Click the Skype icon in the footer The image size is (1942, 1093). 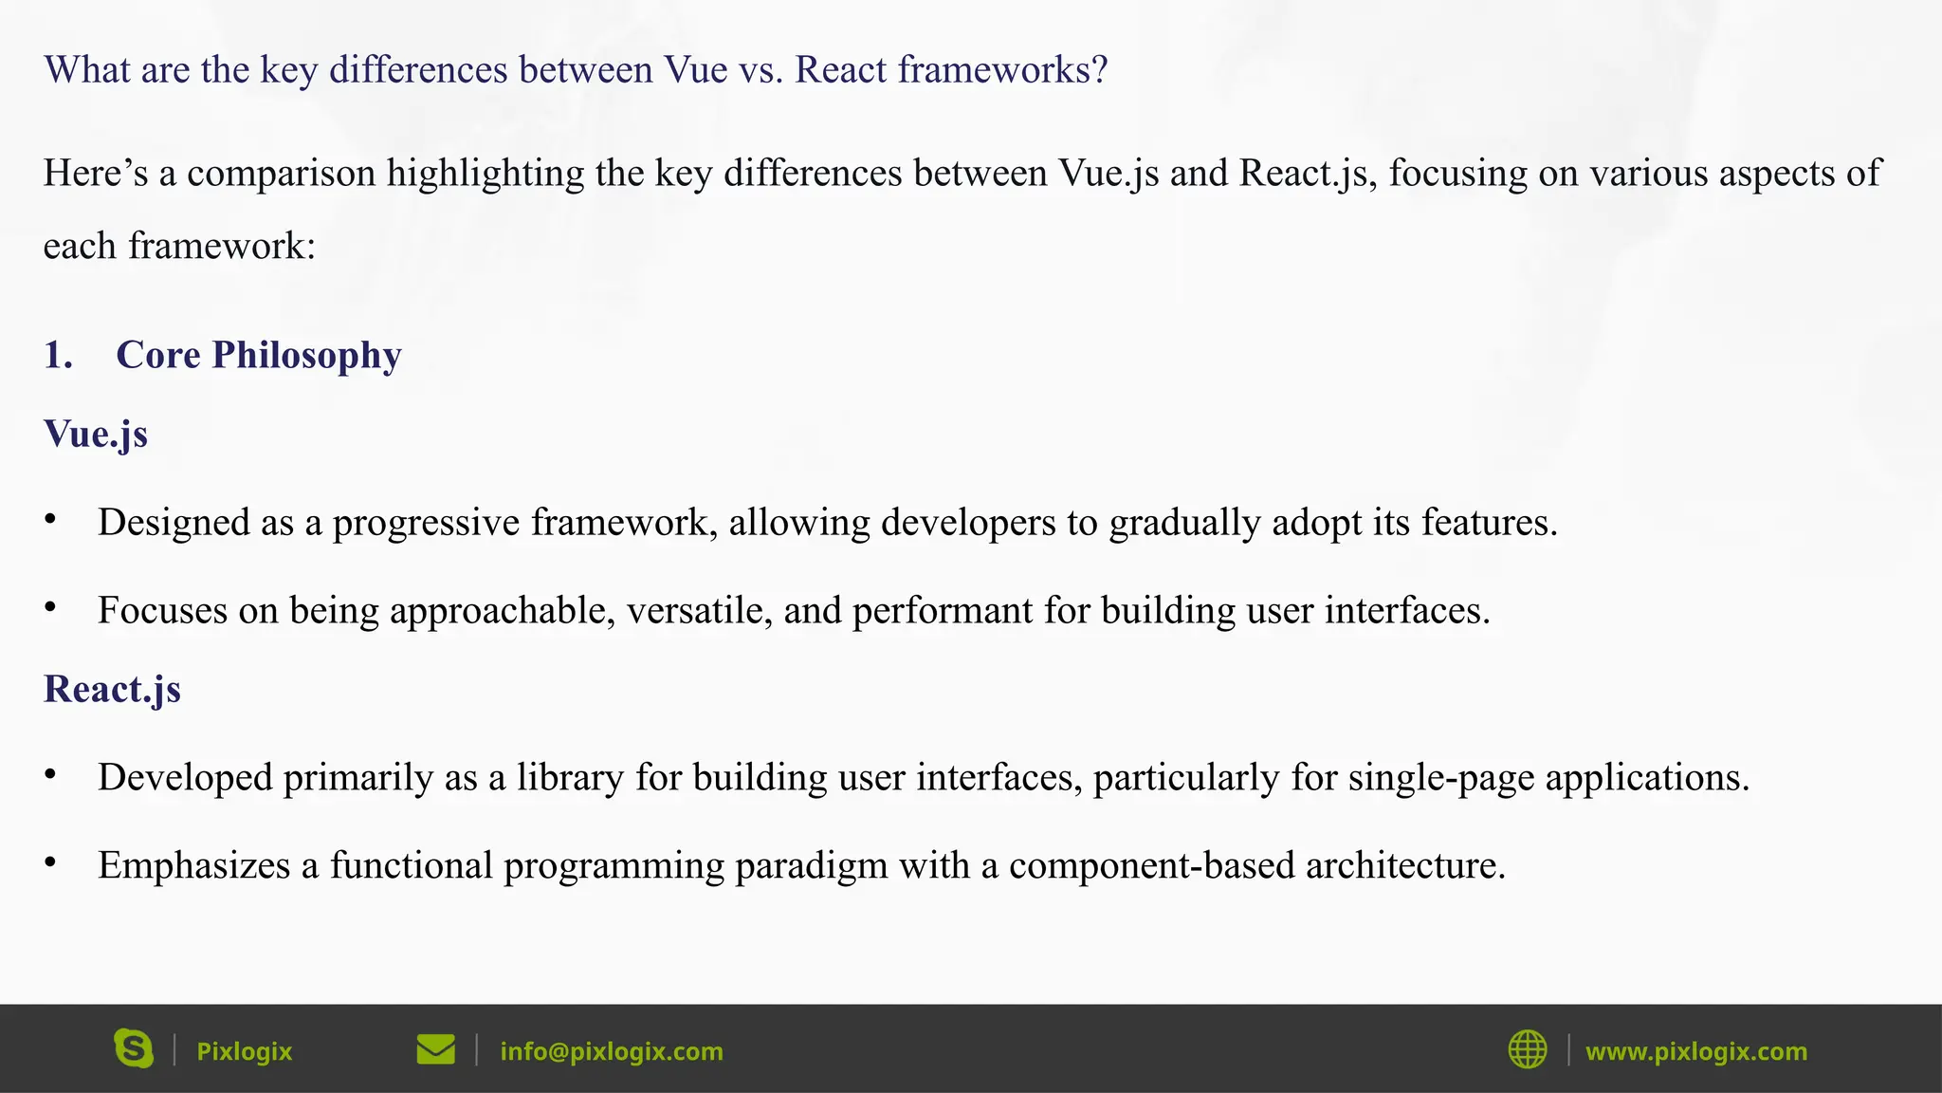pos(134,1049)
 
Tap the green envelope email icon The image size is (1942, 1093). pos(435,1050)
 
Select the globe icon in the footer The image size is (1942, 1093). pos(1527,1050)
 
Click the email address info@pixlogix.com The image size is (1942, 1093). pos(611,1051)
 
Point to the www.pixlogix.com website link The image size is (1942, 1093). pos(1695,1051)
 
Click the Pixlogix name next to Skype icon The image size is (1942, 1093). pos(244,1051)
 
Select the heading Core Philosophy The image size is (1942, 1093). pos(258,355)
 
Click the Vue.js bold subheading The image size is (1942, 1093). pos(96,434)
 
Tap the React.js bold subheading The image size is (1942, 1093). pos(112,689)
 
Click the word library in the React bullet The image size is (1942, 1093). pos(570,777)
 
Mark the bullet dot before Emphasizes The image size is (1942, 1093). pos(50,862)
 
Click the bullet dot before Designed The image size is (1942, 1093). pos(50,520)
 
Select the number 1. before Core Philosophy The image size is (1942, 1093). pos(58,355)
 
